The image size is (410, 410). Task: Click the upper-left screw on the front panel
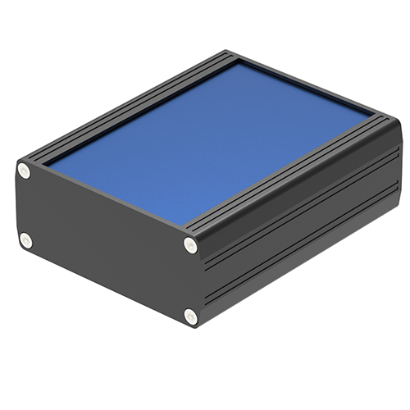24,171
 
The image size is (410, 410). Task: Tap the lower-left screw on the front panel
25,240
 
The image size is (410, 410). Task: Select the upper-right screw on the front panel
190,244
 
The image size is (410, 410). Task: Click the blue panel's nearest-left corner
48,166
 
